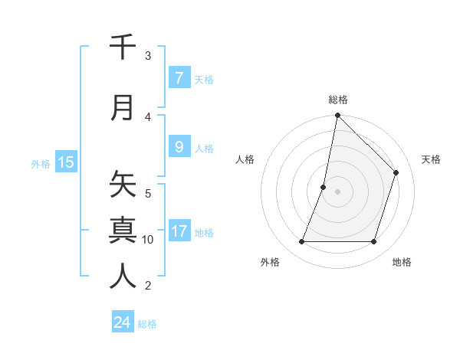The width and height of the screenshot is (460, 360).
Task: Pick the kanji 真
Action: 123,229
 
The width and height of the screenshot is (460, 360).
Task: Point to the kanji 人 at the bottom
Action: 123,276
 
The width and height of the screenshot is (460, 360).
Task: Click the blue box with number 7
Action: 179,77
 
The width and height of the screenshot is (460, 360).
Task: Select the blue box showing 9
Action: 179,147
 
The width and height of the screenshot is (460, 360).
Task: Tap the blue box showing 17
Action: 179,231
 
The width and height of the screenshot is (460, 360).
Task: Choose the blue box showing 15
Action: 66,162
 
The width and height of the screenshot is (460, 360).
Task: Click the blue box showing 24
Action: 123,322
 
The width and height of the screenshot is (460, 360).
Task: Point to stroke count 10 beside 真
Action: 148,240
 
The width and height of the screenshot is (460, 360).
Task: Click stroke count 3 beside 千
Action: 148,56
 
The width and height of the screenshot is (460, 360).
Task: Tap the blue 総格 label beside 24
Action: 148,324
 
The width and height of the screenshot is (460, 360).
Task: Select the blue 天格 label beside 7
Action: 204,79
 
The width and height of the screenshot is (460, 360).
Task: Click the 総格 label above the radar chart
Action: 338,100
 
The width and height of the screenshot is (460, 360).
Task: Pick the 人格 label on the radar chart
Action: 245,159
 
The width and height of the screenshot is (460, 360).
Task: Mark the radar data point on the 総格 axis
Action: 337,115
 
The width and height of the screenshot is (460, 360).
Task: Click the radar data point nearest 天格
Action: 396,172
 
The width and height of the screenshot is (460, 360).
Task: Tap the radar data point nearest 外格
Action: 301,242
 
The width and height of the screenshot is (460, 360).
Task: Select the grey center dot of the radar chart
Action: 337,191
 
